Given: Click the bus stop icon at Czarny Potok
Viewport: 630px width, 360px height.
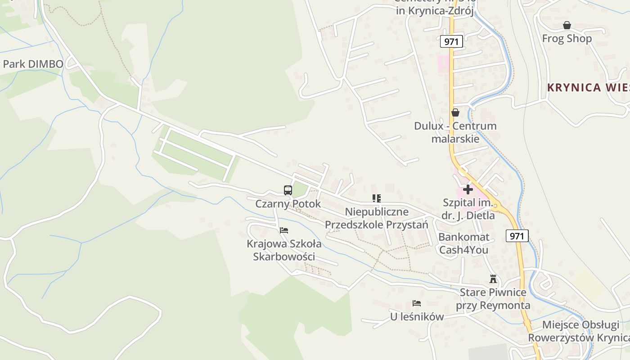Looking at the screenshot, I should coord(288,190).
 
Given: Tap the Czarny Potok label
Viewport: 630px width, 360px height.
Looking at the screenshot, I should coord(288,204).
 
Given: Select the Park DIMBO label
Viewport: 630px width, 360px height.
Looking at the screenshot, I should coord(33,64).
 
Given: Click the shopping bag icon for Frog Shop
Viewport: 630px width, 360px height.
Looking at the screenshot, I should coord(567,25).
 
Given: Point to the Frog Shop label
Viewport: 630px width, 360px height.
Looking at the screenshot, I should coord(567,39).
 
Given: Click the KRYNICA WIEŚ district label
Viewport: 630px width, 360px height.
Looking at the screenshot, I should coord(588,88).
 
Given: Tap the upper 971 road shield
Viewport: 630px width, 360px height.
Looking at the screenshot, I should coord(451,42).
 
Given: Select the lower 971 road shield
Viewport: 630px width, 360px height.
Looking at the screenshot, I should coord(517,235).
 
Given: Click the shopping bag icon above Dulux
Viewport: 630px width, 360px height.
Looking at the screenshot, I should coord(455,112).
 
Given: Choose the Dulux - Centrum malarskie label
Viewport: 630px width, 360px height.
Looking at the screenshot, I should coord(455,132).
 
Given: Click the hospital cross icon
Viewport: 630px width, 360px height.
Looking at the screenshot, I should coord(468,189).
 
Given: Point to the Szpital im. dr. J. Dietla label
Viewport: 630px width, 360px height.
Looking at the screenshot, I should coord(468,209).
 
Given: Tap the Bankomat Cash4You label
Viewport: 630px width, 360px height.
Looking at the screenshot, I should coord(463,243).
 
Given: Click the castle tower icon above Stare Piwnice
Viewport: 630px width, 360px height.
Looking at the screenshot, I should coord(493,279).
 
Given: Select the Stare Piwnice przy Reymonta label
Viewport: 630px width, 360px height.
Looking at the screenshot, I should coord(493,299).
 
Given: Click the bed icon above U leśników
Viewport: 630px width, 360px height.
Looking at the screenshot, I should coord(417,303).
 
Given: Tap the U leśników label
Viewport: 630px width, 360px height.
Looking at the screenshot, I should coord(417,317).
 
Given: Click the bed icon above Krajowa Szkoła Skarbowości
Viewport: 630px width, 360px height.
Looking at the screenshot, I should coord(283,230).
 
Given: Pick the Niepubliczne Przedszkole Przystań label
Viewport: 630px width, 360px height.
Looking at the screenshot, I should coord(377,218).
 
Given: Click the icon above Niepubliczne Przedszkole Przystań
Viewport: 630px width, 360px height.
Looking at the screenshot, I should coord(377,198).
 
